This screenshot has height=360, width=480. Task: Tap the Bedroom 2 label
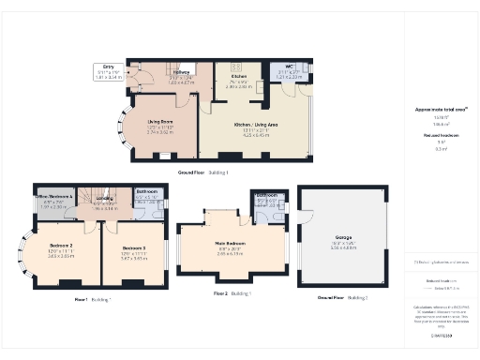click(62, 248)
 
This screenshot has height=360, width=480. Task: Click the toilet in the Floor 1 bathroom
click(160, 205)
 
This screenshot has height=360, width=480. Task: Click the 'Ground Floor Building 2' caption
click(342, 296)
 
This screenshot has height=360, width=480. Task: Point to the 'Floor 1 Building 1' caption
click(93, 299)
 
